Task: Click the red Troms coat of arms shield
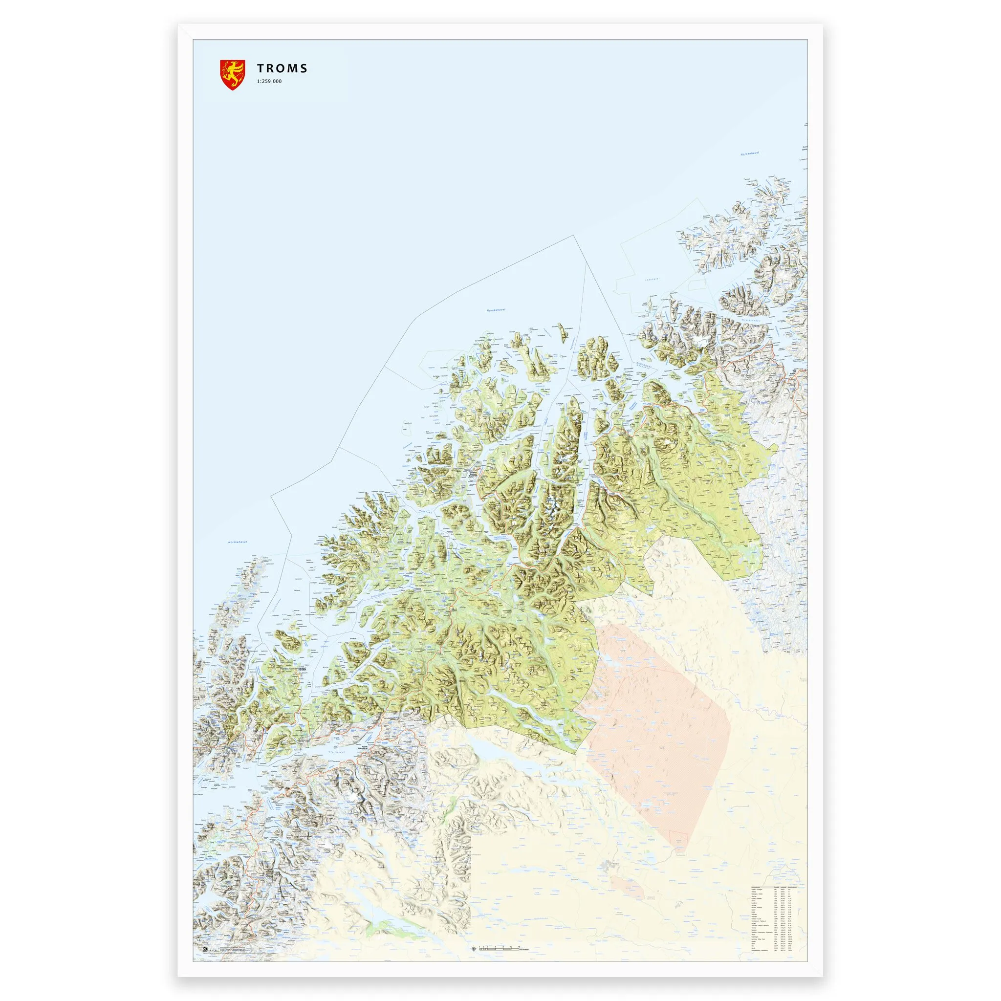tap(232, 75)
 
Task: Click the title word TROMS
tap(282, 68)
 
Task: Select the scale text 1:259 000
tap(268, 81)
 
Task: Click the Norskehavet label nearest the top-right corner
tap(750, 155)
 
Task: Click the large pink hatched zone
tap(658, 736)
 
